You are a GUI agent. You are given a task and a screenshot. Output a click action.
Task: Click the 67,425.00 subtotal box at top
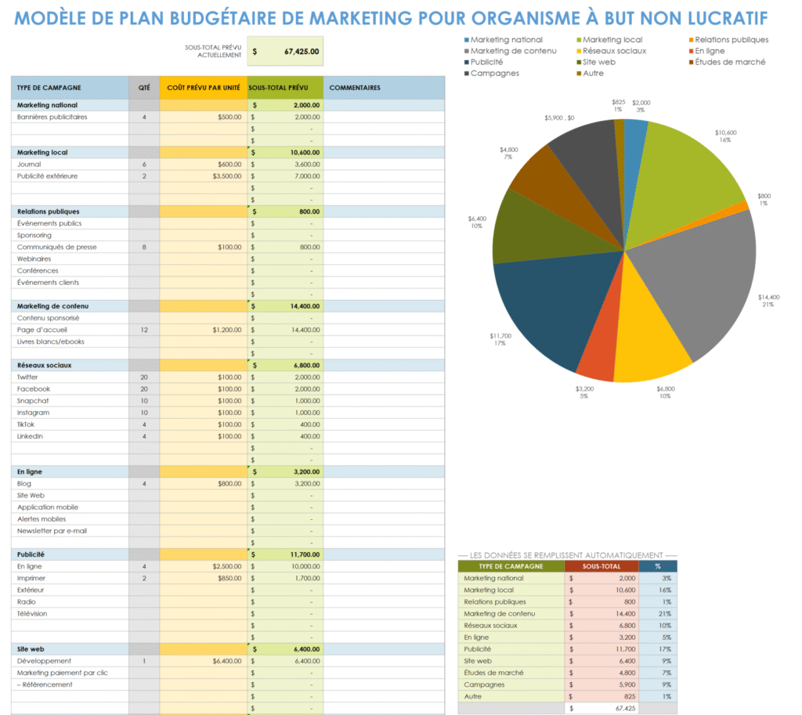click(285, 52)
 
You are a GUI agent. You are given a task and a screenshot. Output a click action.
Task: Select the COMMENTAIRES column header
click(355, 88)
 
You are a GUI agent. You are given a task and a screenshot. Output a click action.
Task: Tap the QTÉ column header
click(144, 88)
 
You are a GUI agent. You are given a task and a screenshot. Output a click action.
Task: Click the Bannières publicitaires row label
click(52, 117)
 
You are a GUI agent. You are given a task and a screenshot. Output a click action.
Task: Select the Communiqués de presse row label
click(56, 247)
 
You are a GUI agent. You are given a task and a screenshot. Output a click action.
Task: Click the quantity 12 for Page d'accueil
click(144, 330)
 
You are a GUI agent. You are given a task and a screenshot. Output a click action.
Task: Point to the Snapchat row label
click(33, 401)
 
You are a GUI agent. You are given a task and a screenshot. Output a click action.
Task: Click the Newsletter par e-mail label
click(52, 530)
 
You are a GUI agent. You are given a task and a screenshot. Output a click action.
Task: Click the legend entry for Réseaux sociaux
click(613, 51)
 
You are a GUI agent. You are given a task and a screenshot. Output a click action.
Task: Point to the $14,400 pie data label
click(768, 298)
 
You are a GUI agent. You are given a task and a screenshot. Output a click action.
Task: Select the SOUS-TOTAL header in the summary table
click(601, 565)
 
